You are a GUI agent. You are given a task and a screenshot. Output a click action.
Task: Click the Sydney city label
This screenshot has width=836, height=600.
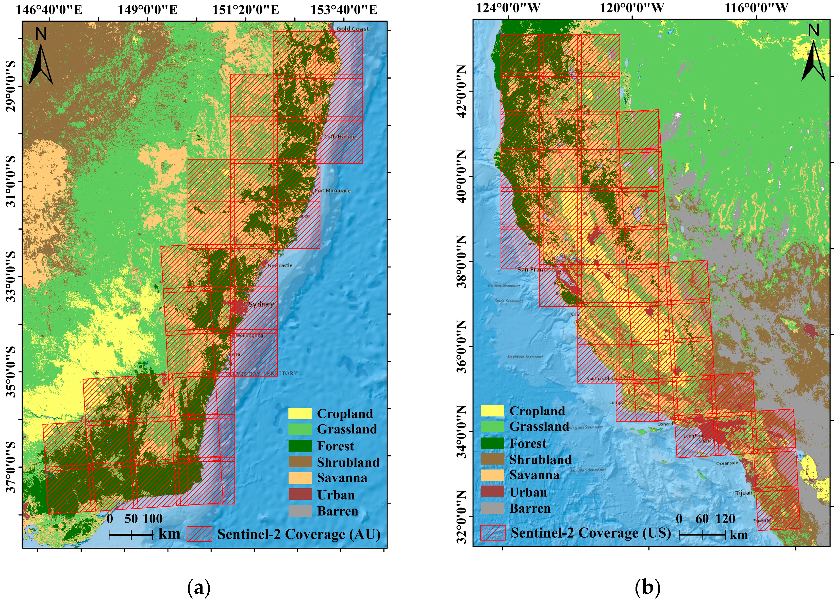tap(261, 304)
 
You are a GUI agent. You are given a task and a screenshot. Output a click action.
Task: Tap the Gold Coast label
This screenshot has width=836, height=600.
tap(352, 28)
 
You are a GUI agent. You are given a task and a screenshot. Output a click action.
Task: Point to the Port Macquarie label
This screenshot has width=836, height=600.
tap(332, 191)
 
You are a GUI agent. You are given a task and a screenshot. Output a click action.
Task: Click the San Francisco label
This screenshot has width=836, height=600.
tap(536, 269)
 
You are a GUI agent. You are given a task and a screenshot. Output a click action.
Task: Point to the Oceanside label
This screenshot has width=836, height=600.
tap(727, 463)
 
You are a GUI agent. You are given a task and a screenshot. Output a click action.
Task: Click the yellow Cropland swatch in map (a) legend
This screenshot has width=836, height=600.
tap(300, 413)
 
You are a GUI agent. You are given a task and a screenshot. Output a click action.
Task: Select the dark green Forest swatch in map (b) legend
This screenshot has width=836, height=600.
tap(492, 443)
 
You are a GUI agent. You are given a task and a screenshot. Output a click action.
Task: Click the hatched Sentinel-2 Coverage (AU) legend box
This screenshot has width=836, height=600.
tap(199, 534)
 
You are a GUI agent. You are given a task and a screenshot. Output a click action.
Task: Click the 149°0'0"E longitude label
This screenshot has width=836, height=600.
tap(147, 10)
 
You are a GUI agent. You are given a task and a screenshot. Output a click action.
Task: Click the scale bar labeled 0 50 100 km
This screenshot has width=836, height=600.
tap(131, 534)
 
